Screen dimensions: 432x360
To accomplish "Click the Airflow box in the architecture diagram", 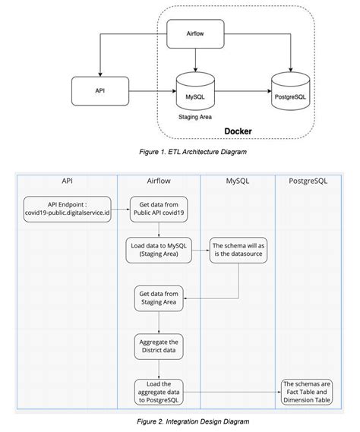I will tap(194, 34).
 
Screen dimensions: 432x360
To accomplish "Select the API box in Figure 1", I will tap(99, 90).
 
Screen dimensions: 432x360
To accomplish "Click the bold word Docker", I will tap(238, 131).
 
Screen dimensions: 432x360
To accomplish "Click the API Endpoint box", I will tap(67, 207).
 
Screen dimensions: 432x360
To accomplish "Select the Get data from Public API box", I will tap(158, 207).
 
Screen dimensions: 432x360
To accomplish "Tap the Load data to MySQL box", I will tap(158, 250).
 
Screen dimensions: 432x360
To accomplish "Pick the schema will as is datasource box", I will tap(239, 250).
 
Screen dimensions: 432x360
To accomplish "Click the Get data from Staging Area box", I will tap(158, 297).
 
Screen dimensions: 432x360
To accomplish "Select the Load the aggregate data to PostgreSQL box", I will tap(158, 392).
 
